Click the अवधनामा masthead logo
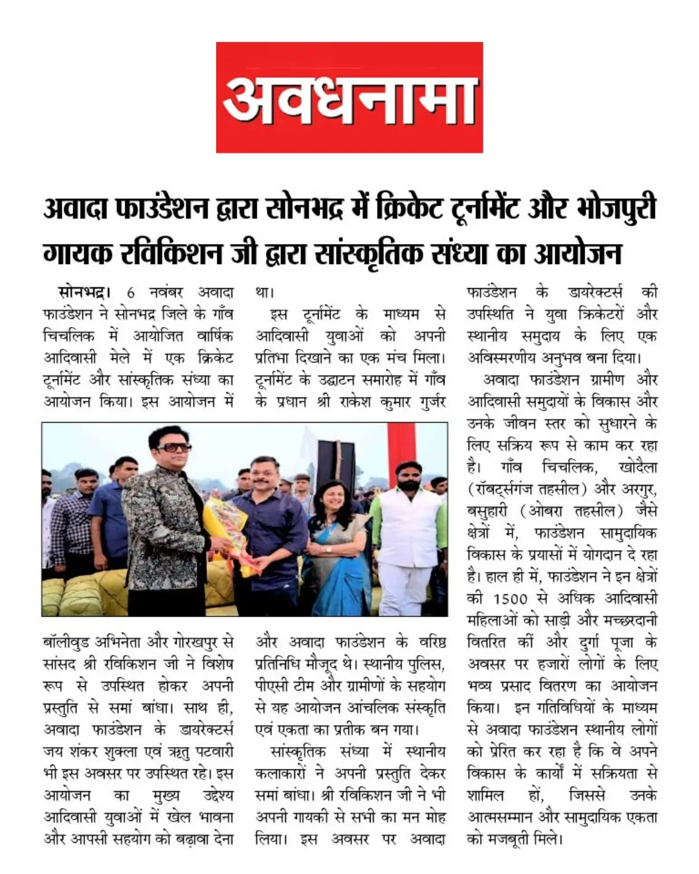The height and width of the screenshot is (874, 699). pos(349,98)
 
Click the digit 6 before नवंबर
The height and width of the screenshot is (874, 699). pos(131,293)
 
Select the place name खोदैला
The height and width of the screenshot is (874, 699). pos(637,467)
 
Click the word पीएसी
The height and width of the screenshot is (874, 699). pos(272,686)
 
